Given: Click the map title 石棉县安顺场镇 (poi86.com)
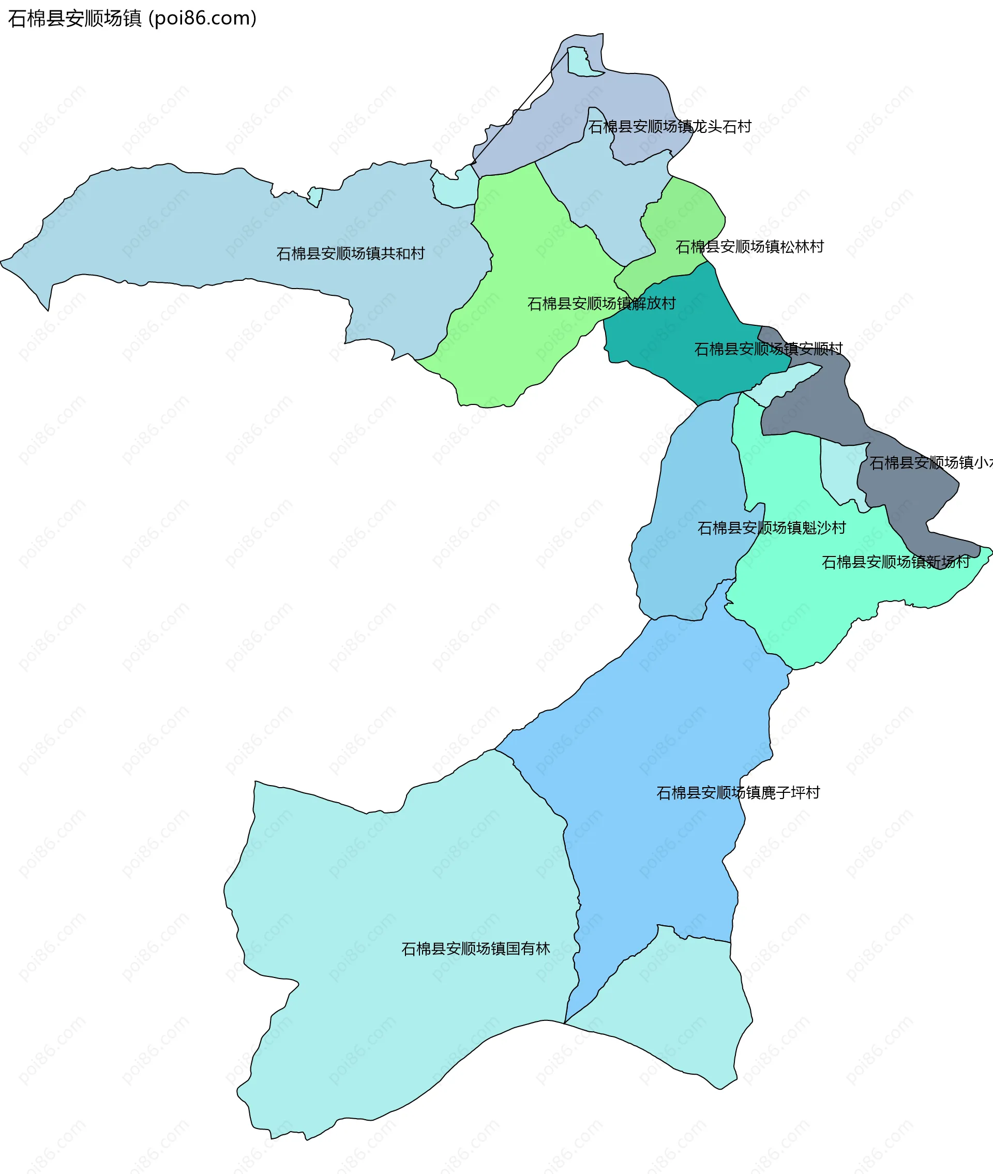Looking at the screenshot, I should (x=132, y=19).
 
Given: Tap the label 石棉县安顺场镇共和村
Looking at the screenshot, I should (x=350, y=254).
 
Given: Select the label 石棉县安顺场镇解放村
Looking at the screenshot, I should (x=601, y=304).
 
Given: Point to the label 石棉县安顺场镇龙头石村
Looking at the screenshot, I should (x=670, y=127).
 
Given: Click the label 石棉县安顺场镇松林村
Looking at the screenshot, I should (x=749, y=247).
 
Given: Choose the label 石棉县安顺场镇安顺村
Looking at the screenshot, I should (x=769, y=350).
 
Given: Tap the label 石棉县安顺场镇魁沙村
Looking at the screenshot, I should (x=771, y=528).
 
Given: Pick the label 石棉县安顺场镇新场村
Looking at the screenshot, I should (x=896, y=562).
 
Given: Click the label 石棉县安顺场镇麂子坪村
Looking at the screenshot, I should (x=738, y=793).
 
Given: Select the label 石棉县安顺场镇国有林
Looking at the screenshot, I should (x=475, y=949).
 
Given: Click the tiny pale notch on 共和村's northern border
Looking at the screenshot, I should (x=316, y=197).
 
